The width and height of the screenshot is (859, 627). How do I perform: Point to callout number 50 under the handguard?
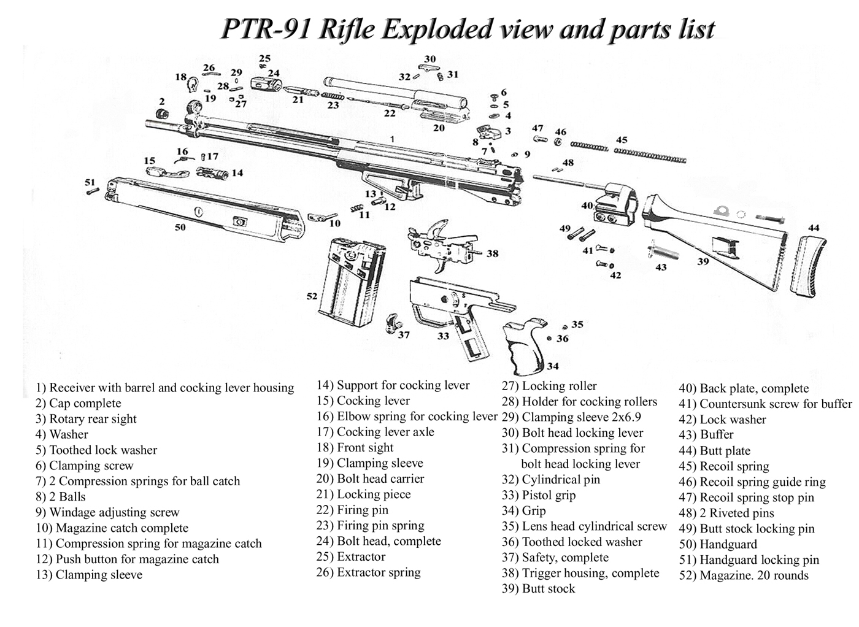180,228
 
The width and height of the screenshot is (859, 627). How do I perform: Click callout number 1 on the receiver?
392,140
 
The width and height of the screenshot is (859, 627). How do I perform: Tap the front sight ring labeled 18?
194,83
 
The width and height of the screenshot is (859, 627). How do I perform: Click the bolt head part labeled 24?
265,83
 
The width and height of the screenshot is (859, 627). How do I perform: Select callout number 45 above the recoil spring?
622,140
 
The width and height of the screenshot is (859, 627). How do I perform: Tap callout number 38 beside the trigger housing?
492,253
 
